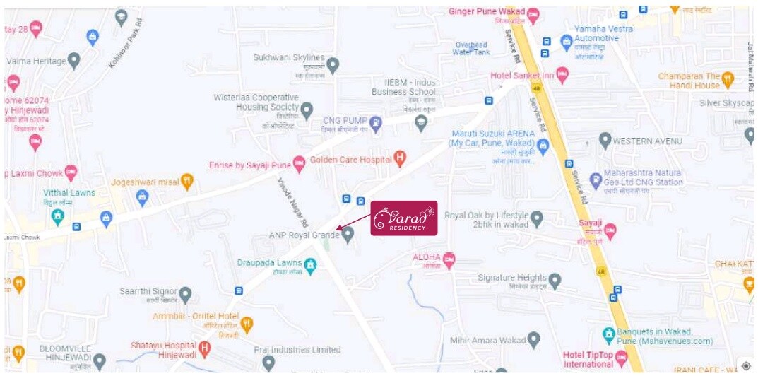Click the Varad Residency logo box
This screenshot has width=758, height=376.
tap(404, 218)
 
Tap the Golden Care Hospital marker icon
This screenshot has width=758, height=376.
tap(401, 160)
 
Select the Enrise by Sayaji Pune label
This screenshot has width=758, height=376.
tap(250, 165)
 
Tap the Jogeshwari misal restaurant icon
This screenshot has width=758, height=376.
tap(187, 182)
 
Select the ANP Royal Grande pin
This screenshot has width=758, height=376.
tap(348, 235)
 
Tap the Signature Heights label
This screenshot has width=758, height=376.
tap(512, 278)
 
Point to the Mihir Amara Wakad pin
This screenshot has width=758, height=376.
tap(534, 341)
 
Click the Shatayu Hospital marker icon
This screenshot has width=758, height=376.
tap(204, 347)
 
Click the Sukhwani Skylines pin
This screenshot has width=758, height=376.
tap(333, 65)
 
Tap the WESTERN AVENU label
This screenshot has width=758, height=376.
tap(647, 141)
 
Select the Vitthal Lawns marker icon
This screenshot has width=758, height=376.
tap(58, 215)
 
